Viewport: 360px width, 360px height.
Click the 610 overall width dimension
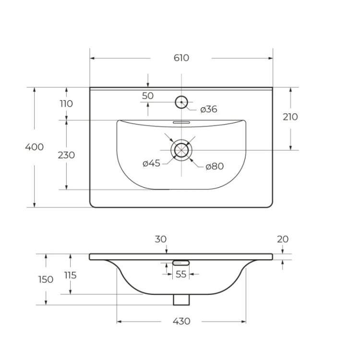tap(181, 58)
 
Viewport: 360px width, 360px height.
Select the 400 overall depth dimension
tap(34, 147)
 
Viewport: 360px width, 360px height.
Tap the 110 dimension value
tap(66, 104)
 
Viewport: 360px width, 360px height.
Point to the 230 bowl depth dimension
tap(66, 155)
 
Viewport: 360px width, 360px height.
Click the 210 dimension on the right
tap(290, 117)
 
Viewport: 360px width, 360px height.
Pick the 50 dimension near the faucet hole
tap(148, 96)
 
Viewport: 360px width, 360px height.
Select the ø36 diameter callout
tap(209, 109)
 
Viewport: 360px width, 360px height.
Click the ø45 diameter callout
tap(151, 163)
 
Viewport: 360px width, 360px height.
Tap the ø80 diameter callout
tap(215, 167)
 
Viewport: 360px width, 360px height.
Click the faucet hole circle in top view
tap(181, 102)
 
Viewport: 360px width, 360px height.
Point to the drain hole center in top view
tap(181, 150)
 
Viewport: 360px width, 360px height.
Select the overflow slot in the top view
tap(181, 122)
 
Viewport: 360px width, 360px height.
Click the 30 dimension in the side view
tap(161, 239)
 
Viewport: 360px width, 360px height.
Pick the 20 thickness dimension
tap(283, 239)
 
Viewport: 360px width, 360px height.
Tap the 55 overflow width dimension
tap(181, 274)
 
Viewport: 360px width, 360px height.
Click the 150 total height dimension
tap(46, 279)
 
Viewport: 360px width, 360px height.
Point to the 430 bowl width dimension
tap(181, 321)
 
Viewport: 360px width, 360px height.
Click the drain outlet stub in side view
tap(181, 299)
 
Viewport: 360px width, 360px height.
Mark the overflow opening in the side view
tap(181, 263)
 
